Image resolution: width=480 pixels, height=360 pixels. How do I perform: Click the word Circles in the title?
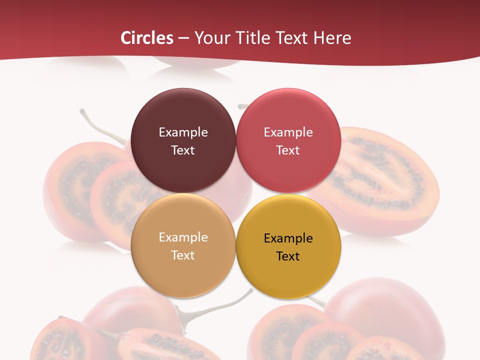[147, 38]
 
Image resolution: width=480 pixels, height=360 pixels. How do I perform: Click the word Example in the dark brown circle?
[183, 132]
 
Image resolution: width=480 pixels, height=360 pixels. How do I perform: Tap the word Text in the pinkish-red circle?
[288, 150]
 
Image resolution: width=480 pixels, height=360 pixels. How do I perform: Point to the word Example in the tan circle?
[183, 237]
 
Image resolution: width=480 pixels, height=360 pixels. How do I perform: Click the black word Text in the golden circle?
[288, 256]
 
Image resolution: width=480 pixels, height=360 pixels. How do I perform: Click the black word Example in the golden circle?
[288, 238]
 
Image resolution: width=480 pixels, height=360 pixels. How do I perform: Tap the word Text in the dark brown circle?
[183, 150]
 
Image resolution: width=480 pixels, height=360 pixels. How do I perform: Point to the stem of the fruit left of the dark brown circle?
[100, 127]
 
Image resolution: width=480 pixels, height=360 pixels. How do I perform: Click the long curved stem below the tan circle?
[220, 305]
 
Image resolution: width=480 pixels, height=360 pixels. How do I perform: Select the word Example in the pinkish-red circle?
[288, 132]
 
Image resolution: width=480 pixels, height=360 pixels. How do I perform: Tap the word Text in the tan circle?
[183, 255]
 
